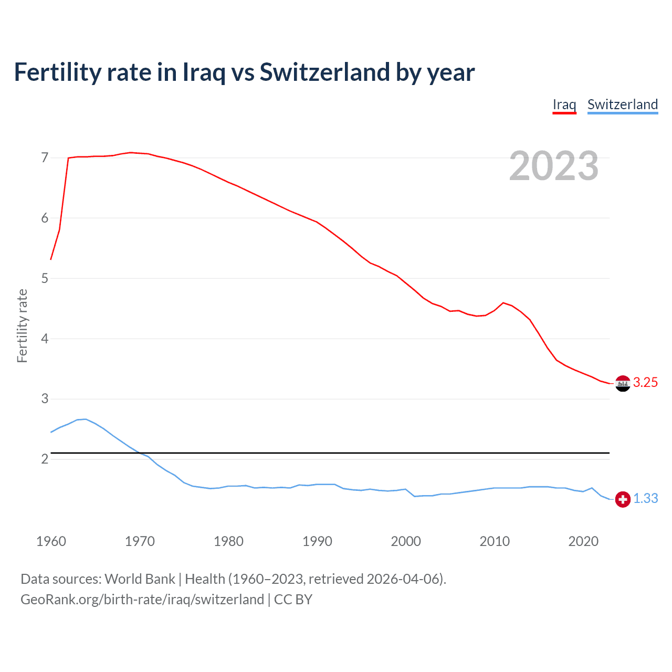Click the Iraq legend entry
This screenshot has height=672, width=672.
[564, 104]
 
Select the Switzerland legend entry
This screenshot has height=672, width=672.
[622, 104]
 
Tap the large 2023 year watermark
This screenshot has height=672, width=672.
[554, 166]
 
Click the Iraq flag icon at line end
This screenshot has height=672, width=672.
[623, 383]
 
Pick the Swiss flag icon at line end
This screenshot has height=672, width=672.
[623, 499]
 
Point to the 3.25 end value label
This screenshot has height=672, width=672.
[645, 383]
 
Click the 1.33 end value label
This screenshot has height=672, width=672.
[645, 499]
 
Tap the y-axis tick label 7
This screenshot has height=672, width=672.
[45, 157]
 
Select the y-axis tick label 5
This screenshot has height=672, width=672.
[45, 278]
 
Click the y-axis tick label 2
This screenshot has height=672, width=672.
[45, 459]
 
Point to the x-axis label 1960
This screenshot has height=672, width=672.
[51, 541]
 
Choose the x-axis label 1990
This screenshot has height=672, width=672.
[317, 541]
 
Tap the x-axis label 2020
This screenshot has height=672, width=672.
[583, 541]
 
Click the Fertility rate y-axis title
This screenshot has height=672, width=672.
[22, 325]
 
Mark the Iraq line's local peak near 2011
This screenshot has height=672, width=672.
[503, 302]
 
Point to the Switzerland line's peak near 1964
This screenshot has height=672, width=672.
[86, 419]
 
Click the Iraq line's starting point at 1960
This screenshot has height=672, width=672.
[51, 259]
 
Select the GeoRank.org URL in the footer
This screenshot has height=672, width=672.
[142, 600]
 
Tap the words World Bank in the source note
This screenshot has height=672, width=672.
[140, 579]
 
